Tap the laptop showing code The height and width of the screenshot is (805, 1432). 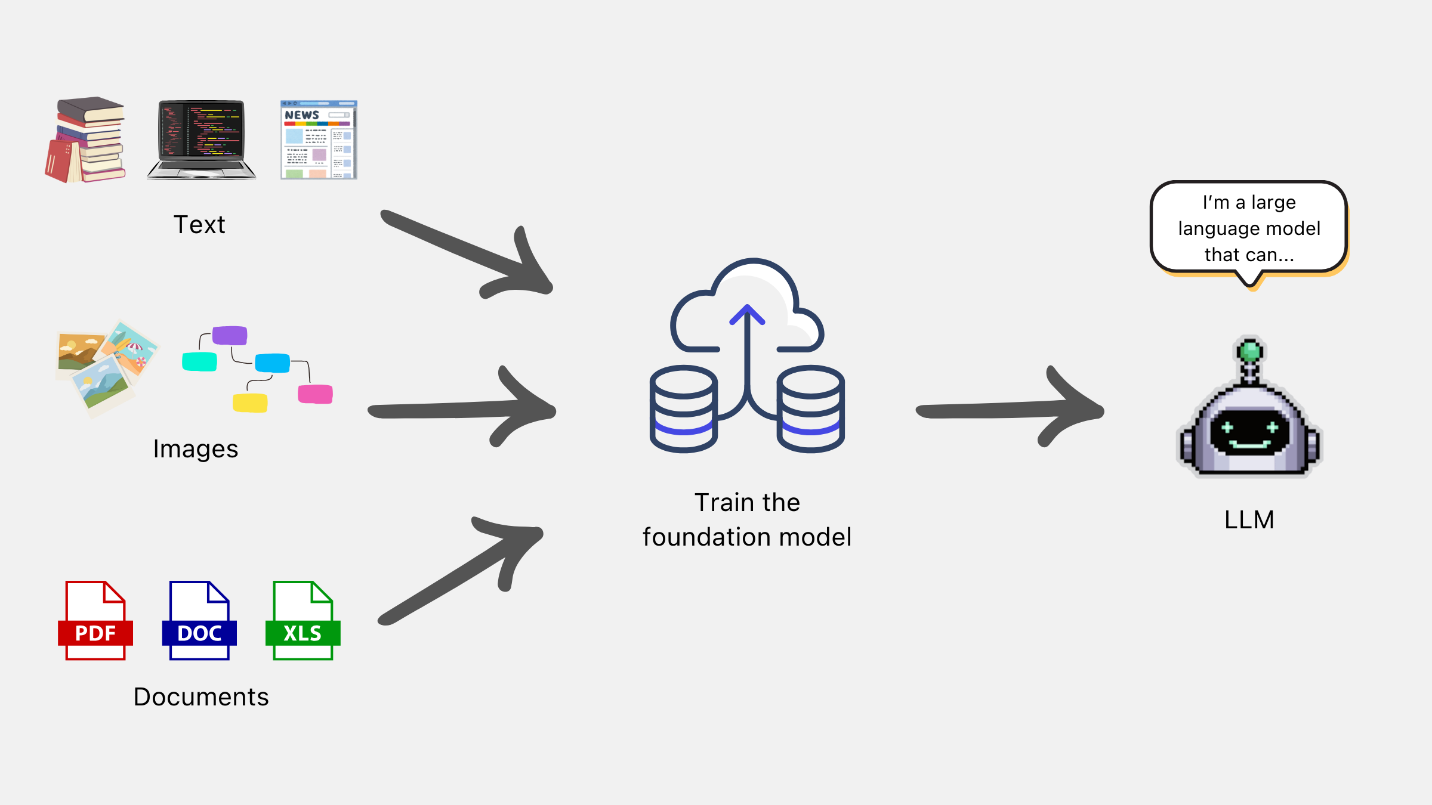tap(201, 140)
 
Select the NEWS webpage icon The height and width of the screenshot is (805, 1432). tap(319, 140)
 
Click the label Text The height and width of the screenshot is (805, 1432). tap(199, 225)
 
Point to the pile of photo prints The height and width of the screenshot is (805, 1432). tap(106, 367)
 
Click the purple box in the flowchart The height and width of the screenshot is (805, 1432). tap(230, 336)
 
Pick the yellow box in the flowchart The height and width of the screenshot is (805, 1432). tap(250, 402)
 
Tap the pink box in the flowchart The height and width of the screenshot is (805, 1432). tap(315, 394)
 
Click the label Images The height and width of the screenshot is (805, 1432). tap(196, 449)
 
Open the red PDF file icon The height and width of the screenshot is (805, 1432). tap(95, 621)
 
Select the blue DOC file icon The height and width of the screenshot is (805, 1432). tap(199, 621)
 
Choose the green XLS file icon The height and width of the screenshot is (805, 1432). tap(303, 621)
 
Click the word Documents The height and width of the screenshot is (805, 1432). tap(201, 697)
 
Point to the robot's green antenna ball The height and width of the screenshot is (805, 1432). tap(1249, 351)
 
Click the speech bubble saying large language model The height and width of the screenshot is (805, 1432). tap(1249, 228)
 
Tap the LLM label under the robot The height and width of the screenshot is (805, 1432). tap(1249, 520)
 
